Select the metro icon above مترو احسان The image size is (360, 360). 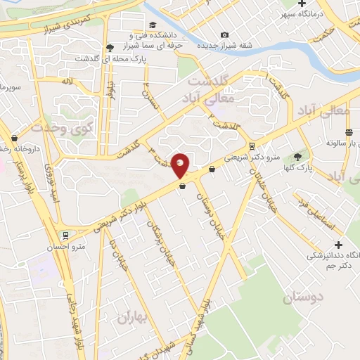(65, 235)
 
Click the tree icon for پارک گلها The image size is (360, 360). (298, 157)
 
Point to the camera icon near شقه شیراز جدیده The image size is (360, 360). (224, 35)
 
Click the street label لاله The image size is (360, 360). (67, 82)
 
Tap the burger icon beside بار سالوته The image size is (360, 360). (349, 132)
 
